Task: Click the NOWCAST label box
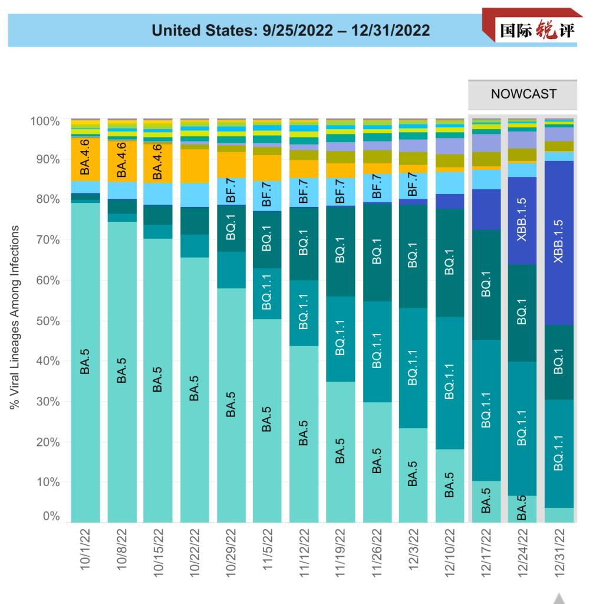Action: click(523, 94)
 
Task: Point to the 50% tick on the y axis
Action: click(45, 321)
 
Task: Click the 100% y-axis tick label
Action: click(45, 122)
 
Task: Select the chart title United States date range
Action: click(291, 31)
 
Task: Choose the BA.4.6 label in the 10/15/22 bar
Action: click(158, 160)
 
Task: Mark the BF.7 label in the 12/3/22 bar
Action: click(413, 184)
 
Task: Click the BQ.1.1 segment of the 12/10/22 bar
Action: click(450, 383)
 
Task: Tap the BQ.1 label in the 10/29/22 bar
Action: click(231, 228)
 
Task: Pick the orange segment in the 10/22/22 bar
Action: click(195, 166)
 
